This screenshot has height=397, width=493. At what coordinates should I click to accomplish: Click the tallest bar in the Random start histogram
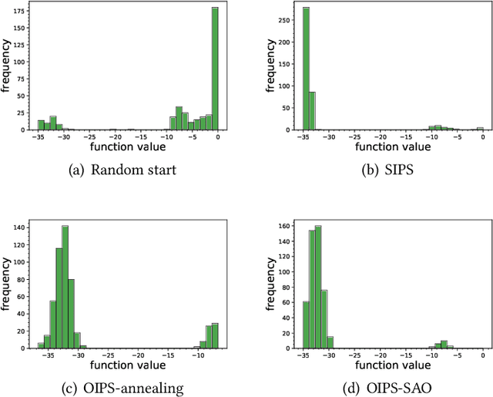[215, 69]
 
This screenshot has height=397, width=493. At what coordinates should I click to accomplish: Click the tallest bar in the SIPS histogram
[306, 69]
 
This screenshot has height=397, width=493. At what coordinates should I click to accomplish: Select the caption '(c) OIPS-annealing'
[123, 389]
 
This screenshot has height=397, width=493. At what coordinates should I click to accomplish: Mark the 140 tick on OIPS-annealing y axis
[19, 228]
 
